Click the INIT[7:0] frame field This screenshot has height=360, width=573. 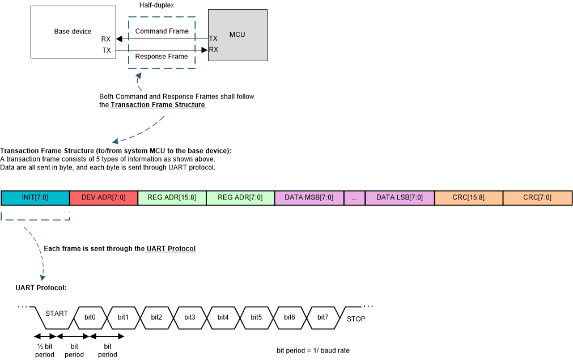[35, 197]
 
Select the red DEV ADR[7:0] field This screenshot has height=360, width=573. [103, 197]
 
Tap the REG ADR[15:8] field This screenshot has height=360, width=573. [172, 197]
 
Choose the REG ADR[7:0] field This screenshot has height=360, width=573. [240, 197]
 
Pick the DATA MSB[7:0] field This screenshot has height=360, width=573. [309, 197]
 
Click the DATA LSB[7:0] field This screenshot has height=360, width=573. [400, 197]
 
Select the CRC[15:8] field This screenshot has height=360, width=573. [468, 197]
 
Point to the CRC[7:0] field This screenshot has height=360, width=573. [537, 197]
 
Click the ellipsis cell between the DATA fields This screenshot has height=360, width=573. [354, 197]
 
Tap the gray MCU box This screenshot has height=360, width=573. [237, 35]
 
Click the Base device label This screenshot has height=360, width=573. [73, 32]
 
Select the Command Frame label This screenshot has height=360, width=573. [162, 31]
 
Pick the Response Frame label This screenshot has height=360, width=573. [162, 57]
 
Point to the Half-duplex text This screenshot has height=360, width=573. [156, 5]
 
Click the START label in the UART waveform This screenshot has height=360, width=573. [56, 314]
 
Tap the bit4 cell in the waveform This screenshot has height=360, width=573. [223, 317]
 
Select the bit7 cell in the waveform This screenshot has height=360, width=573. [322, 317]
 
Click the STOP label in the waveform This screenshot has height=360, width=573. [356, 319]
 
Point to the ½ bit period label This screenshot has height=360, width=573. [45, 350]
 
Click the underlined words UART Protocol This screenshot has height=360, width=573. [171, 248]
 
